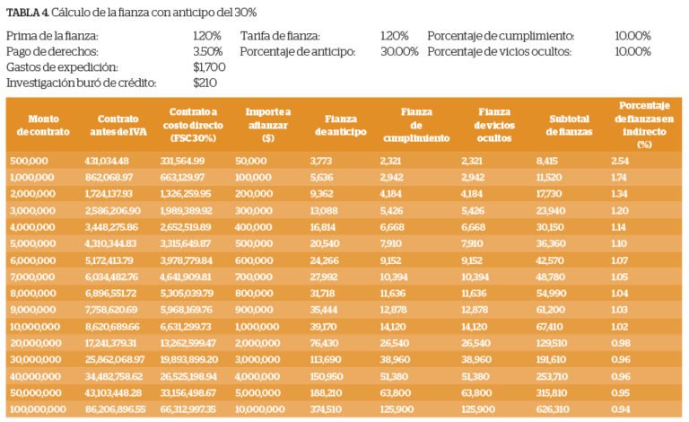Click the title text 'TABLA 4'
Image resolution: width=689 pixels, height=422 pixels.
pyautogui.click(x=27, y=12)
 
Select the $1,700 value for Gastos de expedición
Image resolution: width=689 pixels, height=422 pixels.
pyautogui.click(x=209, y=67)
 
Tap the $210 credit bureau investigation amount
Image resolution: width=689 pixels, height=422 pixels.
pyautogui.click(x=205, y=83)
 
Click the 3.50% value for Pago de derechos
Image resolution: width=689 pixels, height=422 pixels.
pyautogui.click(x=207, y=51)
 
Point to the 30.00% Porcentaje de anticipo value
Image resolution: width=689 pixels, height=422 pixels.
pyautogui.click(x=399, y=51)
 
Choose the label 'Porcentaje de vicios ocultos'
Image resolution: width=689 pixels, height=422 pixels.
pyautogui.click(x=501, y=51)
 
